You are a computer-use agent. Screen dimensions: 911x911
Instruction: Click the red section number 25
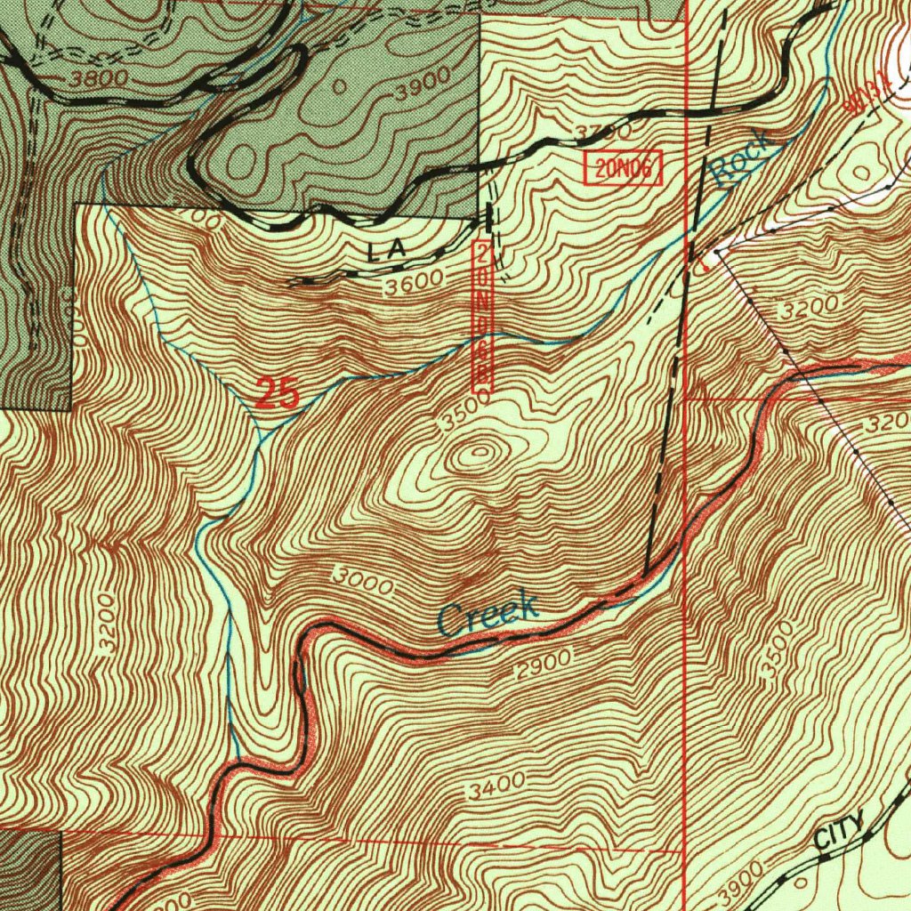(x=278, y=392)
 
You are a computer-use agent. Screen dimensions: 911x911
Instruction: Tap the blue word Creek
(x=488, y=614)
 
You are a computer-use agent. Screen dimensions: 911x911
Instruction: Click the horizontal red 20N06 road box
(x=623, y=168)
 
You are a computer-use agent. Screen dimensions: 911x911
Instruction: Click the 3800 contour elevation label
(x=100, y=78)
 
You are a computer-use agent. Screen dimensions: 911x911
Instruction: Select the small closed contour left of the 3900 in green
(x=339, y=87)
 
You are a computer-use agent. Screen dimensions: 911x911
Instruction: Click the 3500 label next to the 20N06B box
(x=464, y=412)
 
